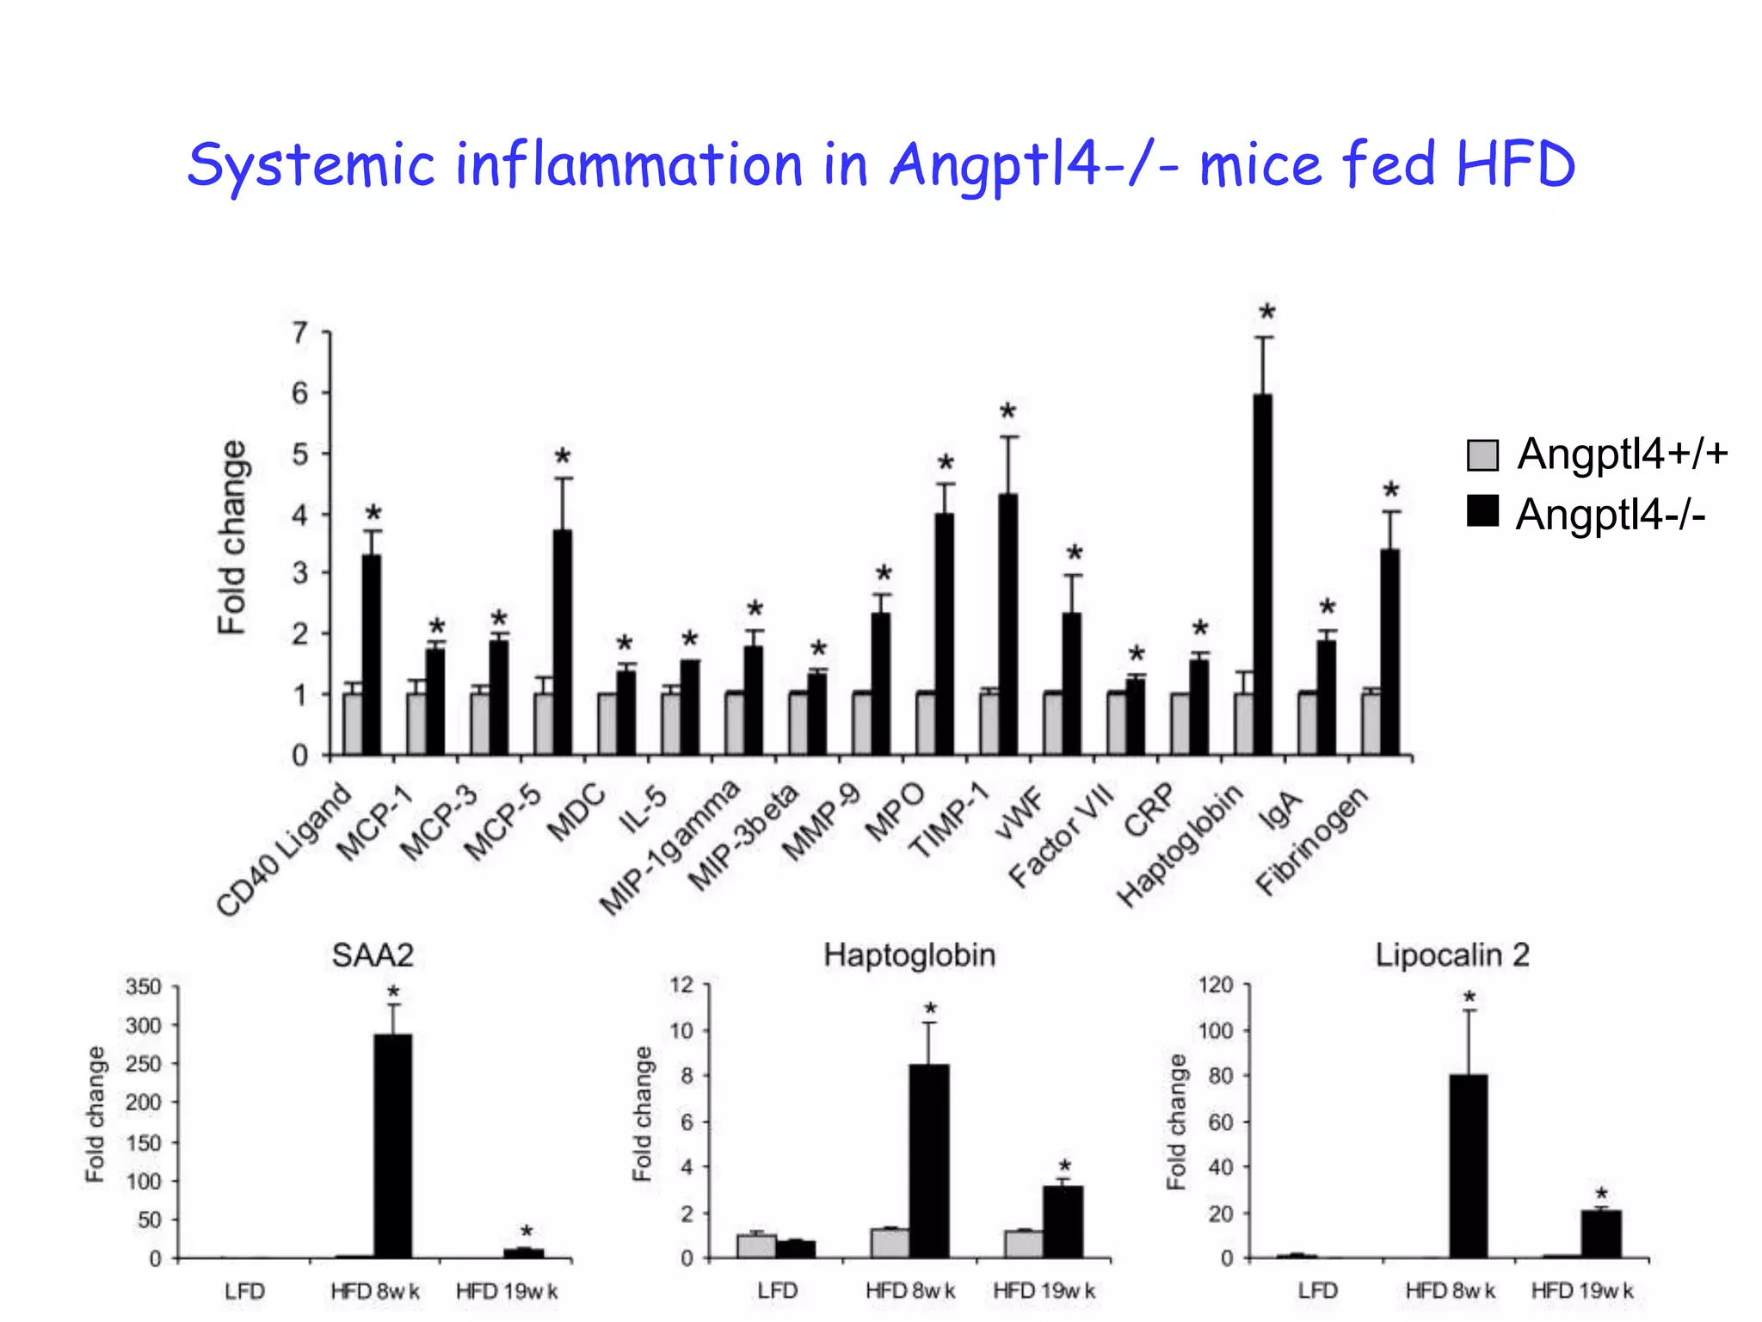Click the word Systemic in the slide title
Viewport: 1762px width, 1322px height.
point(311,166)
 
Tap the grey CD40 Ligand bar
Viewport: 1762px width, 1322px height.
point(353,724)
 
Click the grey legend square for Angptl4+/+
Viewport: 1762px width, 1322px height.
point(1482,455)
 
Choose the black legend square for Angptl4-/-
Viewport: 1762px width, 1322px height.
point(1482,511)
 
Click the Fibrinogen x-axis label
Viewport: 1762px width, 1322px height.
point(1311,841)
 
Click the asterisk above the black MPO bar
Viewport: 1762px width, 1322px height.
point(946,464)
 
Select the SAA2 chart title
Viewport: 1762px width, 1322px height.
point(373,955)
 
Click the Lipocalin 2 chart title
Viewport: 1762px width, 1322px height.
point(1452,955)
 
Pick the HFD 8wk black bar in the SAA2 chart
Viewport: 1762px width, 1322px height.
point(393,1146)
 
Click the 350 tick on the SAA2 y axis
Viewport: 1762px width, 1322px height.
point(144,987)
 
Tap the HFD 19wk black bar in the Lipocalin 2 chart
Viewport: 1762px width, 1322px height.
point(1601,1234)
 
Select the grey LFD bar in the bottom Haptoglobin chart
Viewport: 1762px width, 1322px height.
point(756,1246)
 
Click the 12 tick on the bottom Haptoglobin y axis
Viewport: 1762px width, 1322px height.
point(681,985)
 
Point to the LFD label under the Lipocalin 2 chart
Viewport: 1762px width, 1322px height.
point(1317,1291)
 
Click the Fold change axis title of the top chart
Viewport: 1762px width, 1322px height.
point(232,538)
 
